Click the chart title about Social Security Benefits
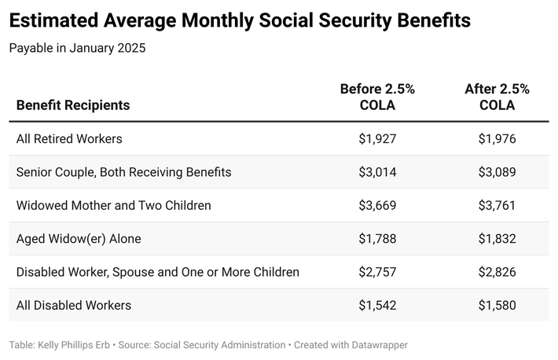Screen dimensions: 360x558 click(240, 20)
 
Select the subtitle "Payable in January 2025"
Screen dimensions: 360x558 click(77, 48)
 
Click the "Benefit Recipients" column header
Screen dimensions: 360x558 click(73, 105)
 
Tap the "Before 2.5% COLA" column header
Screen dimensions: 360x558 click(377, 97)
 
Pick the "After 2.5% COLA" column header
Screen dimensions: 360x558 click(497, 97)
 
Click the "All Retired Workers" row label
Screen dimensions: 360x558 click(69, 139)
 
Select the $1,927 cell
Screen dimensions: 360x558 click(377, 139)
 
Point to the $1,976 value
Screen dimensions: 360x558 click(497, 139)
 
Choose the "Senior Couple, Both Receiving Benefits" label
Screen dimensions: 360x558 click(123, 172)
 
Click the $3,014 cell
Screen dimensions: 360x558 click(377, 172)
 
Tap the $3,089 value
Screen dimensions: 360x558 click(497, 172)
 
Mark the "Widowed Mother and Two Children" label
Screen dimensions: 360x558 click(113, 206)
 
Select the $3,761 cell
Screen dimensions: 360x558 click(497, 206)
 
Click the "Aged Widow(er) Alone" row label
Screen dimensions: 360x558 click(79, 239)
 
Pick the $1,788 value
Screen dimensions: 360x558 click(377, 239)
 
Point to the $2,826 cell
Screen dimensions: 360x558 click(497, 272)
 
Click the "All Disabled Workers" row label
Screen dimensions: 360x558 click(74, 305)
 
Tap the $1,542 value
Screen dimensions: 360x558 click(377, 305)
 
